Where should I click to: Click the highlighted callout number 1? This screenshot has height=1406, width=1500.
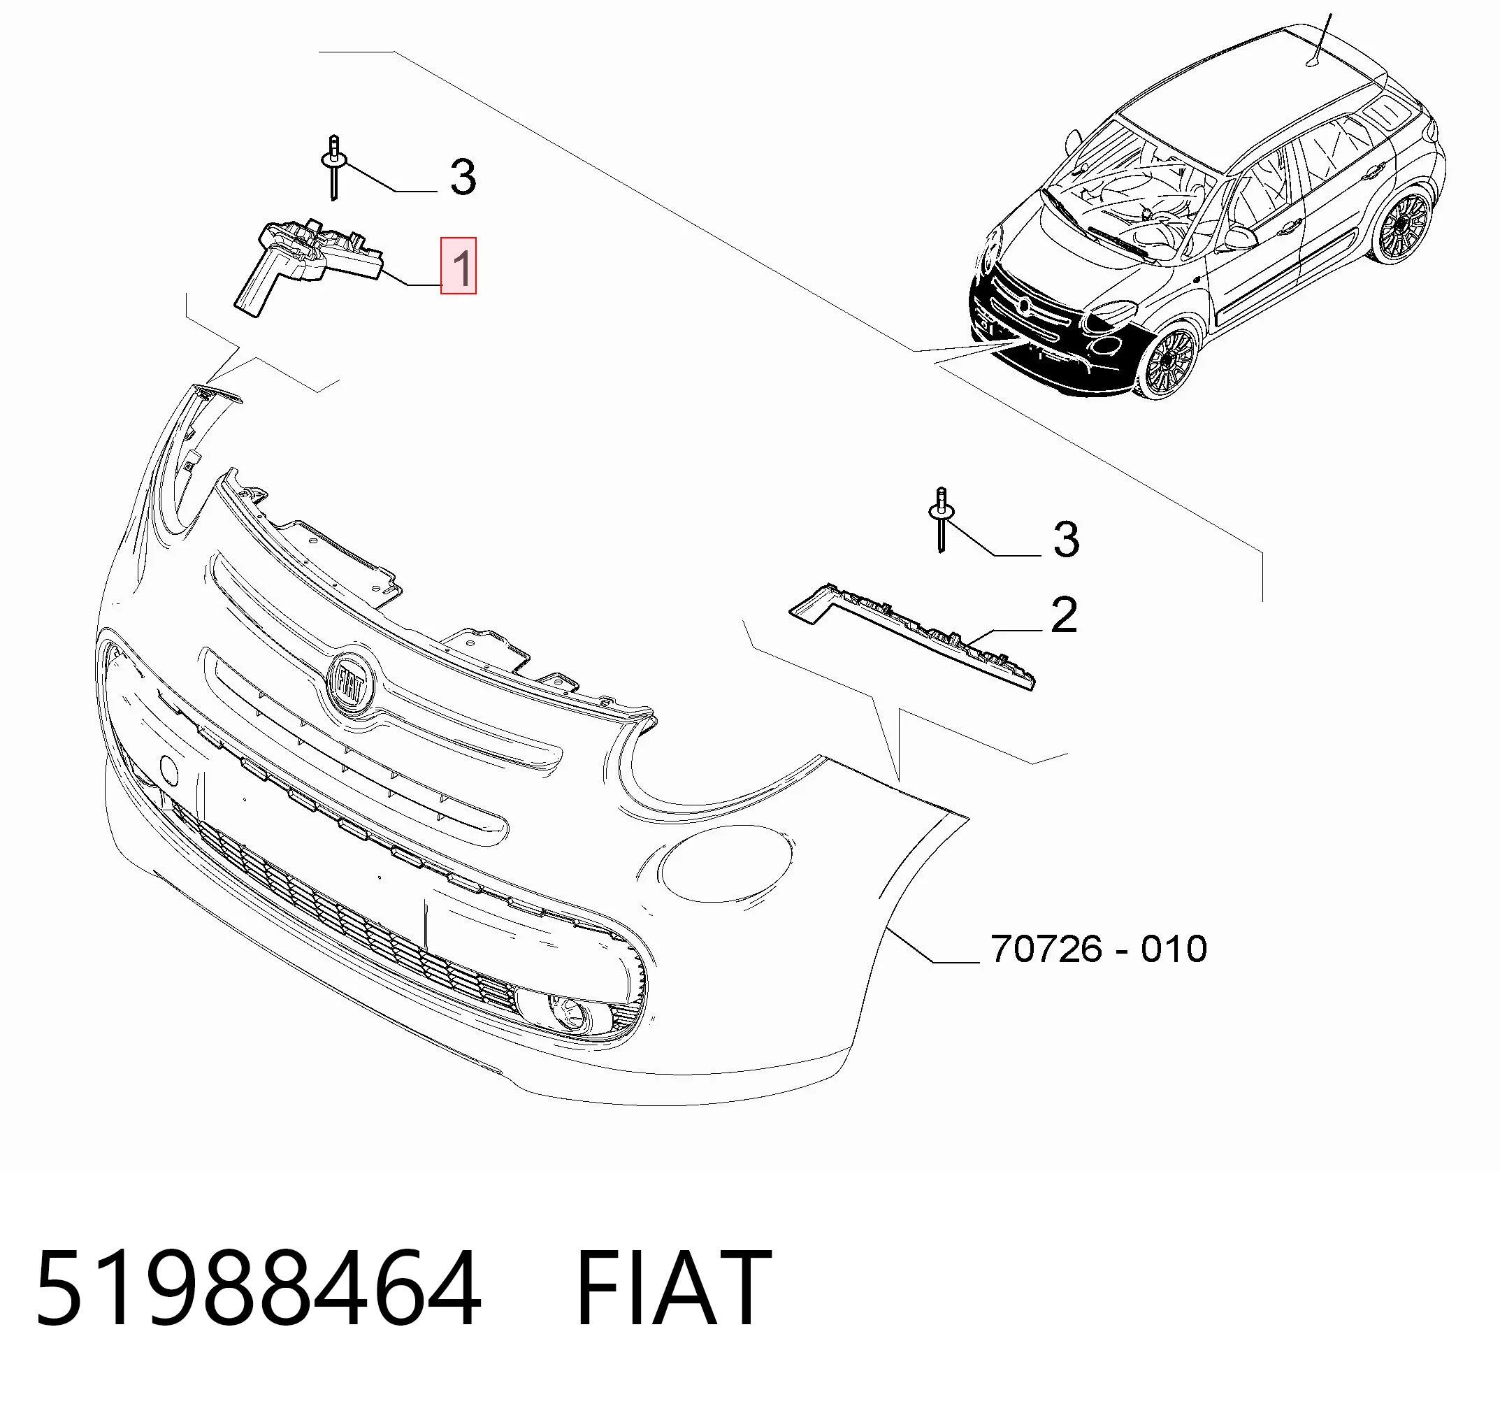click(x=459, y=266)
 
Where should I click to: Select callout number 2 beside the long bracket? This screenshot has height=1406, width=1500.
click(x=1064, y=615)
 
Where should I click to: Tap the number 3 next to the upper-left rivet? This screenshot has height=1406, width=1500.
click(x=463, y=178)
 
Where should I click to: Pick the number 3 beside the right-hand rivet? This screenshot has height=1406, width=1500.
click(x=1065, y=540)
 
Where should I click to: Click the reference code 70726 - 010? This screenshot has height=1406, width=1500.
click(x=1099, y=949)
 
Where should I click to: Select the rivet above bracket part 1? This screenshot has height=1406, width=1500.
click(x=333, y=168)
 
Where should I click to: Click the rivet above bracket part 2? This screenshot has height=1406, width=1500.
click(x=941, y=520)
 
